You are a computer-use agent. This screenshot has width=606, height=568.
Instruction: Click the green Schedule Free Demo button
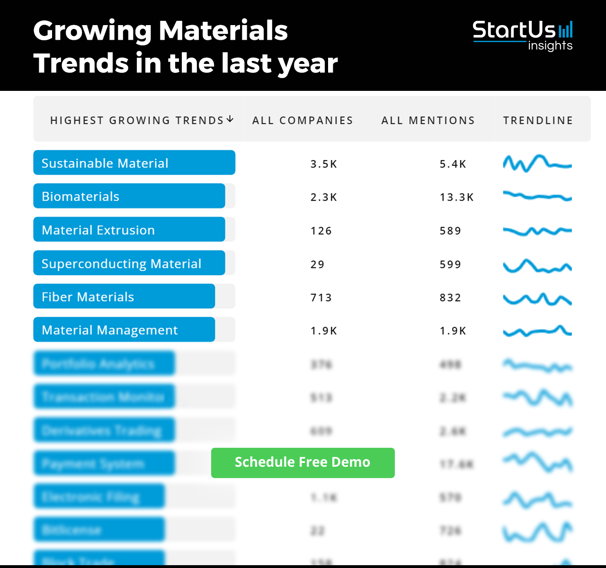[x=303, y=462]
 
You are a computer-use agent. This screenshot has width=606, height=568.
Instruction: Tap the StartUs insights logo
[x=523, y=35]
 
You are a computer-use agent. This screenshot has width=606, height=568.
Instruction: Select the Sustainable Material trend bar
[x=134, y=163]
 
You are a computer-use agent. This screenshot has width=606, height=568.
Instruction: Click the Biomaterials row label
[x=80, y=196]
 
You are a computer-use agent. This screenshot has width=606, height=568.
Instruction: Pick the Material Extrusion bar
[x=129, y=230]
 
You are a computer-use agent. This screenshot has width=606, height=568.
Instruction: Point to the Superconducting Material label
[x=121, y=264]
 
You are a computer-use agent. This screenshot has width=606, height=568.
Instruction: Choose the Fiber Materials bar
[x=124, y=296]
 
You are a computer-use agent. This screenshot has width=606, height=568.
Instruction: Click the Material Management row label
[x=110, y=330]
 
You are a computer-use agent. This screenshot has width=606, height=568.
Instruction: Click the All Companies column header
[x=303, y=120]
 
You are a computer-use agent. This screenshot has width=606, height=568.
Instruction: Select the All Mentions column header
[x=428, y=120]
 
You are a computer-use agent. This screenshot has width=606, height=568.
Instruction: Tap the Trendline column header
[x=538, y=120]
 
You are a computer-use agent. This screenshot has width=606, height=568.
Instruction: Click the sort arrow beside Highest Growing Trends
[x=230, y=119]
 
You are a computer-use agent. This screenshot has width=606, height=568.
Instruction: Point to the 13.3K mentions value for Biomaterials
[x=456, y=197]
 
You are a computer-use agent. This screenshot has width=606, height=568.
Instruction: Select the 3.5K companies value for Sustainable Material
[x=324, y=164]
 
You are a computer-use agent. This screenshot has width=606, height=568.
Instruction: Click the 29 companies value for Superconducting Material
[x=318, y=265]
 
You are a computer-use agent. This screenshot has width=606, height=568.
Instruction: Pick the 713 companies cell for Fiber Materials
[x=321, y=298]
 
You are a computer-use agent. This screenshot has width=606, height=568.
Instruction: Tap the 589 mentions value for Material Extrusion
[x=450, y=231]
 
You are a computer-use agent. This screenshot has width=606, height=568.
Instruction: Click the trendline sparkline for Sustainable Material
[x=537, y=164]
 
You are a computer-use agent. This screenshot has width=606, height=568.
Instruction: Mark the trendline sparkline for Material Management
[x=537, y=331]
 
